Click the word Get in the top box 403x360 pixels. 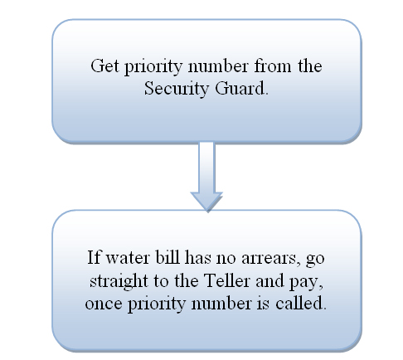point(104,66)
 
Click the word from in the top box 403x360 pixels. point(272,66)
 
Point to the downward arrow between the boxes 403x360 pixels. point(206,177)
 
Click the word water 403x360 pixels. point(128,258)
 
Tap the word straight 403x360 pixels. point(119,281)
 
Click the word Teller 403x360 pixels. point(226,280)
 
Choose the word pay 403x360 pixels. point(306,282)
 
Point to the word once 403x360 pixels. point(104,304)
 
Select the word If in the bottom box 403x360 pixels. point(94,257)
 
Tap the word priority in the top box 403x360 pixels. point(153,67)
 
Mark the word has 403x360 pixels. point(197,257)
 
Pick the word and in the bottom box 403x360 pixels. point(269,280)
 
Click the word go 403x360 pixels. point(315,260)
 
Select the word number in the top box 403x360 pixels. point(218,66)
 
